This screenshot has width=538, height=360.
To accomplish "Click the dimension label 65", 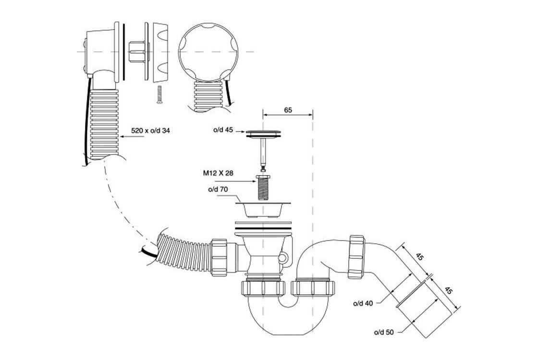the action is coord(288,110).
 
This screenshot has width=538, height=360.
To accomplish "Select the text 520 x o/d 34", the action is coord(150,131).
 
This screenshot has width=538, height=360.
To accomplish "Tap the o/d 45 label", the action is coord(223,130).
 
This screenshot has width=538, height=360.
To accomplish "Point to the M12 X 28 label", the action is coord(218,173).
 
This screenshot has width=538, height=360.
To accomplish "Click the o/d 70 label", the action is coord(218,189).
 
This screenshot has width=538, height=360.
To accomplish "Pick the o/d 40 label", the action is coord(363,303).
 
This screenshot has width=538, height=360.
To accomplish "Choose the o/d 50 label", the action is coord(384,332).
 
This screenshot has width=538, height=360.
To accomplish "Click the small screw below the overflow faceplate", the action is coord(159,94).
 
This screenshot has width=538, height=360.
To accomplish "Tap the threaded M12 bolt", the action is coord(263,187).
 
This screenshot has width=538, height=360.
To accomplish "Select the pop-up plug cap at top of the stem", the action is coord(264,134).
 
